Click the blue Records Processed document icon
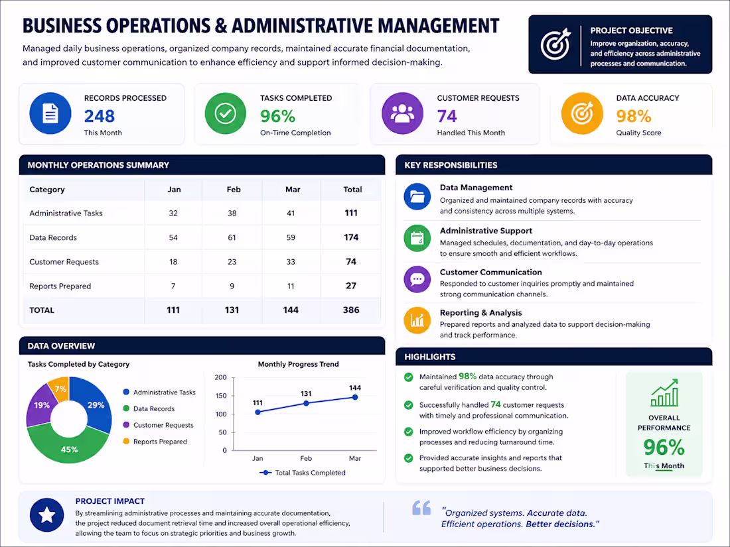[x=50, y=113]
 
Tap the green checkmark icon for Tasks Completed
[x=226, y=113]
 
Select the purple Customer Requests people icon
[x=402, y=113]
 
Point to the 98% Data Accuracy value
[x=633, y=116]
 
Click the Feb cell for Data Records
[x=232, y=237]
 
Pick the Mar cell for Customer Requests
[x=291, y=262]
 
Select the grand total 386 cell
[x=351, y=310]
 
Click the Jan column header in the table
[x=174, y=190]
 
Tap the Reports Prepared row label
[x=60, y=286]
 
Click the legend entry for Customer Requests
[x=159, y=425]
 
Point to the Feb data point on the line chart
[x=306, y=403]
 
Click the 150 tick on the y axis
[x=221, y=396]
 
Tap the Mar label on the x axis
[x=355, y=458]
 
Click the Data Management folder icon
[x=417, y=197]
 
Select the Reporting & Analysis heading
[x=481, y=312]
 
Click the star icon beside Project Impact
[x=46, y=515]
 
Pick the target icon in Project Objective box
[x=555, y=44]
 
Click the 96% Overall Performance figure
[x=664, y=448]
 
